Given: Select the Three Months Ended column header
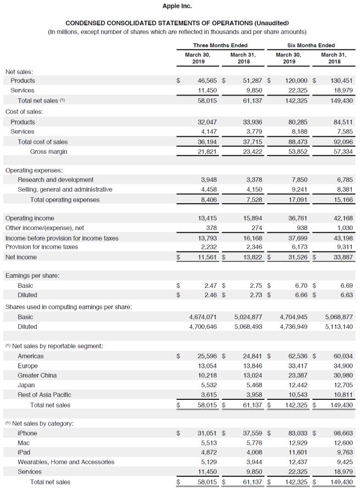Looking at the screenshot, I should click(x=220, y=45).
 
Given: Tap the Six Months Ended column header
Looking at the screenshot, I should click(x=311, y=45).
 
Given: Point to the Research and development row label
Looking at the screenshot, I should click(x=56, y=180).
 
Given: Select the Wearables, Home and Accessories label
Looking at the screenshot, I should click(x=66, y=462).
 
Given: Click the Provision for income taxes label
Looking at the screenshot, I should click(x=42, y=247).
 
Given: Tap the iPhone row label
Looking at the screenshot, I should click(x=27, y=433).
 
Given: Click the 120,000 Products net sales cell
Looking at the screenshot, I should click(x=297, y=80).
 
